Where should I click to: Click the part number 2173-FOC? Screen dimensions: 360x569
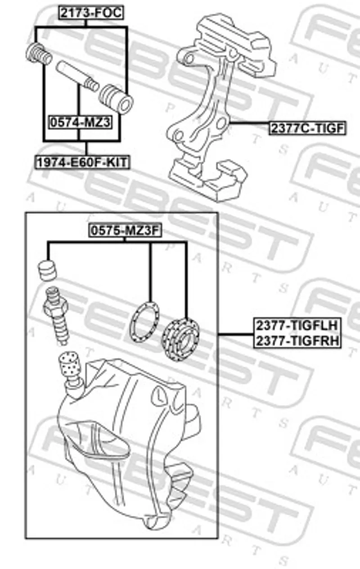click(91, 13)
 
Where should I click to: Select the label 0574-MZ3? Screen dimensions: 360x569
click(81, 122)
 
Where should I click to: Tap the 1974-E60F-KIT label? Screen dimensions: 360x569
click(82, 162)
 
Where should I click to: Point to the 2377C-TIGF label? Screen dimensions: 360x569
click(307, 128)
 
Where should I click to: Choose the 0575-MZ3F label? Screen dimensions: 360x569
click(125, 230)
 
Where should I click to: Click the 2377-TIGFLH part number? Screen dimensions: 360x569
click(297, 326)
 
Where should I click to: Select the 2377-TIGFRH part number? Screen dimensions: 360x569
click(297, 340)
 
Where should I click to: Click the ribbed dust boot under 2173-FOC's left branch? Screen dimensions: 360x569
click(39, 54)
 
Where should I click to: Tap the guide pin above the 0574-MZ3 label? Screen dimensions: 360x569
click(77, 76)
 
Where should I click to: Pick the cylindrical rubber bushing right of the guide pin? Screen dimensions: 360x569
click(116, 99)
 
